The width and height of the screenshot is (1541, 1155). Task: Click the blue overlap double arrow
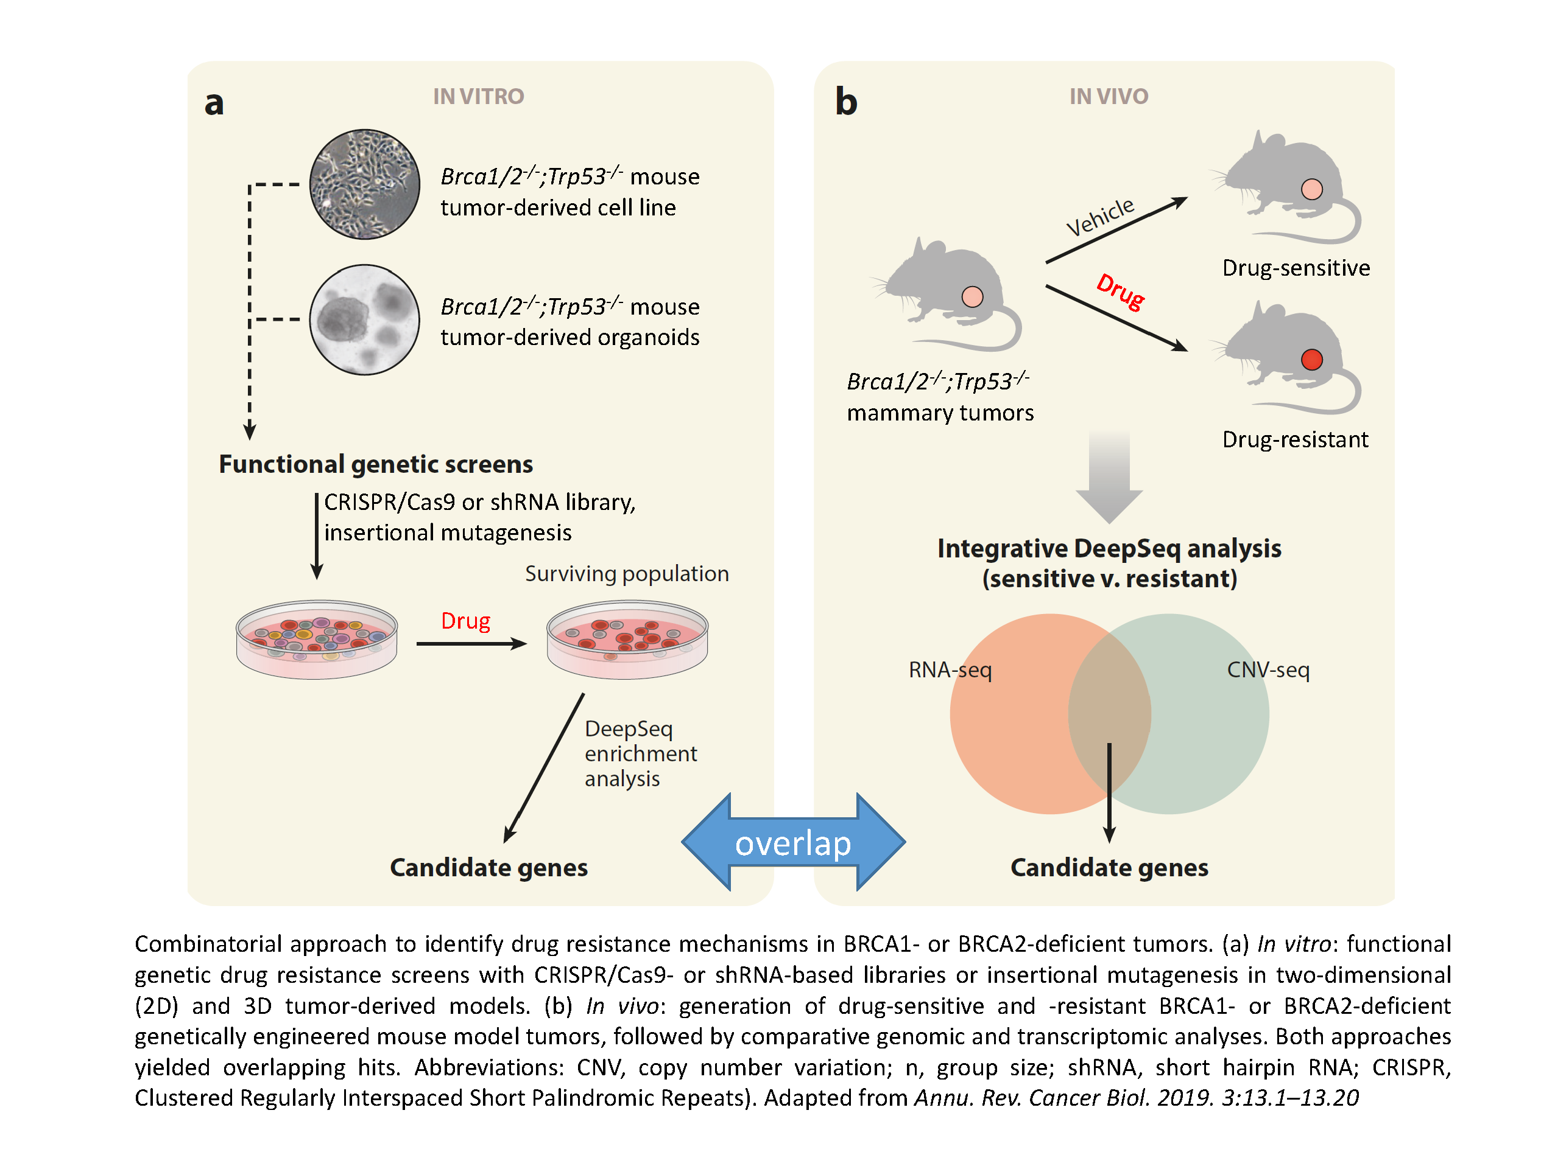(793, 842)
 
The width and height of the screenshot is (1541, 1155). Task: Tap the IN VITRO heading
(478, 96)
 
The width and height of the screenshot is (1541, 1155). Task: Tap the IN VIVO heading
(1109, 96)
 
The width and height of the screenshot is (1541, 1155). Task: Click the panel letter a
(214, 103)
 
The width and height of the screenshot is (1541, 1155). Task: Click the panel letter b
(846, 102)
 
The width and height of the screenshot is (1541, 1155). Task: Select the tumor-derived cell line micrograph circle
(364, 184)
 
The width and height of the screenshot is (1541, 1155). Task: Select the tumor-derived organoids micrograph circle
(364, 319)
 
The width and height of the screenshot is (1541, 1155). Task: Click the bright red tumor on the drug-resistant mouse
(1311, 359)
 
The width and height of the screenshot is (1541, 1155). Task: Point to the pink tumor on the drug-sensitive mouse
(1311, 189)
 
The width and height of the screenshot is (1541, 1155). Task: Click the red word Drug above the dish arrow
(465, 620)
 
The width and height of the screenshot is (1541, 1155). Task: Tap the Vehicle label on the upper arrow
(1100, 217)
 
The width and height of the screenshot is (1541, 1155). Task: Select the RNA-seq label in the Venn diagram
(950, 670)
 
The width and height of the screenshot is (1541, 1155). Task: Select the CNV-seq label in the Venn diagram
(1268, 670)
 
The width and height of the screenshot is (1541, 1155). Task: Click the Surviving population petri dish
(627, 639)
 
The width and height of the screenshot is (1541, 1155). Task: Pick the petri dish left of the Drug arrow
(316, 639)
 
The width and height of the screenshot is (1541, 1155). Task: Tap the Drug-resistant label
(1295, 439)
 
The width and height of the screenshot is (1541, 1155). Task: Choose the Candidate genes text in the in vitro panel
(488, 868)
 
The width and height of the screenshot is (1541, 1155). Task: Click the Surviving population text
(626, 574)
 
